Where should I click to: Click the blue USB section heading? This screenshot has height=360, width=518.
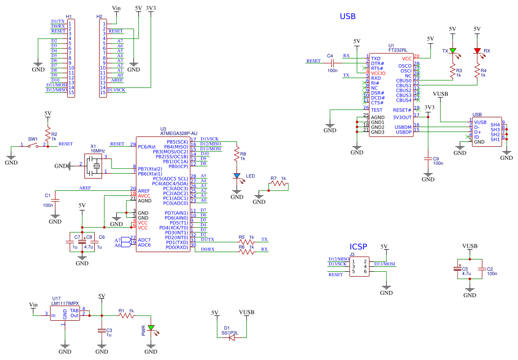pyautogui.click(x=347, y=16)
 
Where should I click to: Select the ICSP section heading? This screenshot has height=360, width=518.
pyautogui.click(x=358, y=247)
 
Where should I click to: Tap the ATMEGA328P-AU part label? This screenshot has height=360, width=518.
pyautogui.click(x=179, y=133)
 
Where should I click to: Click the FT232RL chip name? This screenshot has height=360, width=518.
pyautogui.click(x=398, y=50)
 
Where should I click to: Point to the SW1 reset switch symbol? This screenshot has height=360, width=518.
pyautogui.click(x=33, y=145)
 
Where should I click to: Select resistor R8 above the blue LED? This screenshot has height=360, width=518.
pyautogui.click(x=236, y=154)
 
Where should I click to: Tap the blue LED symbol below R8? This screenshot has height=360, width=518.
pyautogui.click(x=237, y=177)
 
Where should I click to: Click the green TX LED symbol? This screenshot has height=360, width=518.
pyautogui.click(x=453, y=51)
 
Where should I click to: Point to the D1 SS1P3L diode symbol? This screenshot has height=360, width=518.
pyautogui.click(x=232, y=337)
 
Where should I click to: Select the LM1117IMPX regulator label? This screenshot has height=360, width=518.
pyautogui.click(x=65, y=303)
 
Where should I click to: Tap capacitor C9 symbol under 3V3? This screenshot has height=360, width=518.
pyautogui.click(x=428, y=159)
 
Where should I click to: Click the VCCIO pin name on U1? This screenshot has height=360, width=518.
pyautogui.click(x=378, y=73)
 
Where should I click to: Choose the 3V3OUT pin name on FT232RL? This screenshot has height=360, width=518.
pyautogui.click(x=402, y=117)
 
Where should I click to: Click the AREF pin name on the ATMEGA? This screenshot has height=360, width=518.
pyautogui.click(x=144, y=191)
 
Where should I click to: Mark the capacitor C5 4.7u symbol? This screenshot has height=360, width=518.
pyautogui.click(x=458, y=268)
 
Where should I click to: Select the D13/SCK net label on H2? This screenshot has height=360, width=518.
pyautogui.click(x=116, y=90)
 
